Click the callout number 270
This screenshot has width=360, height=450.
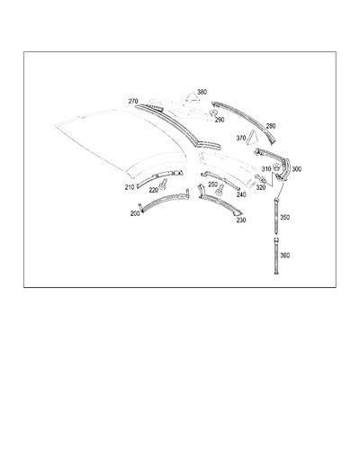point(133,102)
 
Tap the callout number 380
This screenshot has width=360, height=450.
point(202,92)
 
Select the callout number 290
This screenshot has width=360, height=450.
point(220,120)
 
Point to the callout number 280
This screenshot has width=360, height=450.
point(271,126)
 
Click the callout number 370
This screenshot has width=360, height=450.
point(241,138)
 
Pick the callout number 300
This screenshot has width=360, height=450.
point(297,169)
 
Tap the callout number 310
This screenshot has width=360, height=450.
point(266,169)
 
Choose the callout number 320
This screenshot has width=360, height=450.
point(261,188)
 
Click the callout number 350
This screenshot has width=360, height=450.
point(284,217)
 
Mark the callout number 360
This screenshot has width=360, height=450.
point(284,256)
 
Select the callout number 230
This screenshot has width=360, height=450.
point(241,220)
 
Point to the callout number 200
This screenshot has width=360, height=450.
point(135,213)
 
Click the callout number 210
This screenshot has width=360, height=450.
point(130,187)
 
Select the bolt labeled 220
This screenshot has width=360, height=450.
point(163,184)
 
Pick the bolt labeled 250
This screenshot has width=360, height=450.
point(220,189)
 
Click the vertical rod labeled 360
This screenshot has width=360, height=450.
point(275,255)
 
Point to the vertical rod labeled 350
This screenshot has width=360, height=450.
point(275,215)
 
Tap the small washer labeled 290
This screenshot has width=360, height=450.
point(213,112)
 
